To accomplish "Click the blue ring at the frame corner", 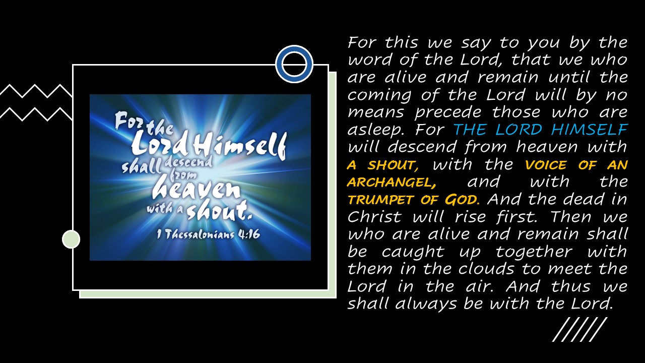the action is [x=294, y=49].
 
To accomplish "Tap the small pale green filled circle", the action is [x=71, y=239].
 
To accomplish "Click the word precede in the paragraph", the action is [x=447, y=113].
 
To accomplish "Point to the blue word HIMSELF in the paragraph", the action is [x=589, y=130].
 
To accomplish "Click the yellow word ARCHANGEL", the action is [x=392, y=183].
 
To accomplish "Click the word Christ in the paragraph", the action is [x=374, y=217].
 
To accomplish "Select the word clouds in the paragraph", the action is [x=486, y=269].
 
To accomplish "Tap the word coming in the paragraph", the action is [x=379, y=96].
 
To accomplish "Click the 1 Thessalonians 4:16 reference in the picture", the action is [x=208, y=234].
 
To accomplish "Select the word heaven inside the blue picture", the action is [x=196, y=188].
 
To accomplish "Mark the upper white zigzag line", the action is [x=36, y=91].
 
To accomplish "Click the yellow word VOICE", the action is [x=545, y=165].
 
